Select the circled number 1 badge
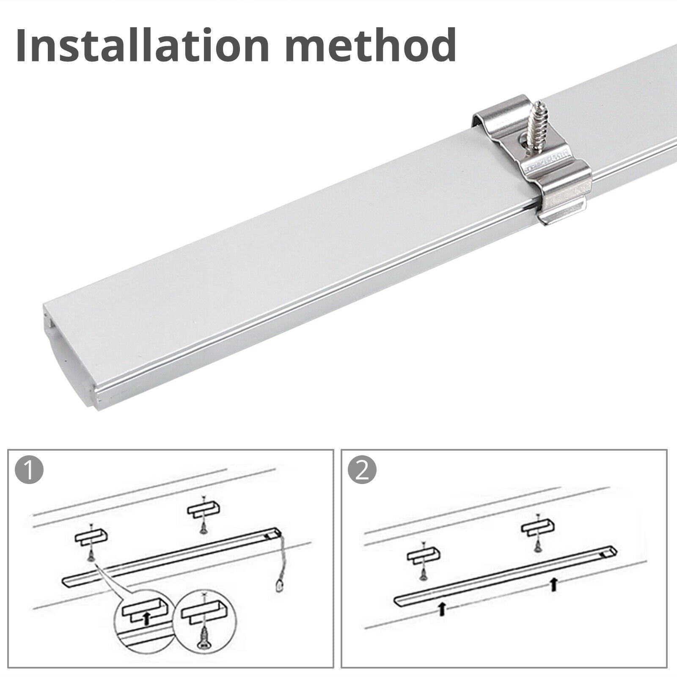[x=29, y=471]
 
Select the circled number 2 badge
[x=362, y=471]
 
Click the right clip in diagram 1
[x=203, y=509]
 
